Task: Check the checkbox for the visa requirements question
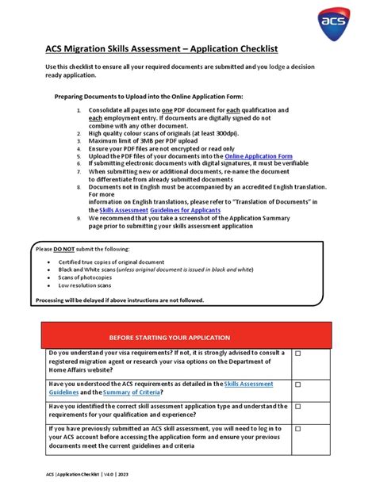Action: [x=298, y=354]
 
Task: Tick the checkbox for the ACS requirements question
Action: [x=298, y=384]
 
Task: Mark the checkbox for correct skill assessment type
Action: [x=298, y=407]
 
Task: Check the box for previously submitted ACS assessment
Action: [x=298, y=429]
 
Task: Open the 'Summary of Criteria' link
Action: [x=132, y=392]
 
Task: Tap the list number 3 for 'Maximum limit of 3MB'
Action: [x=79, y=142]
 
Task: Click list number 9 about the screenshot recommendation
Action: [x=79, y=218]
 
